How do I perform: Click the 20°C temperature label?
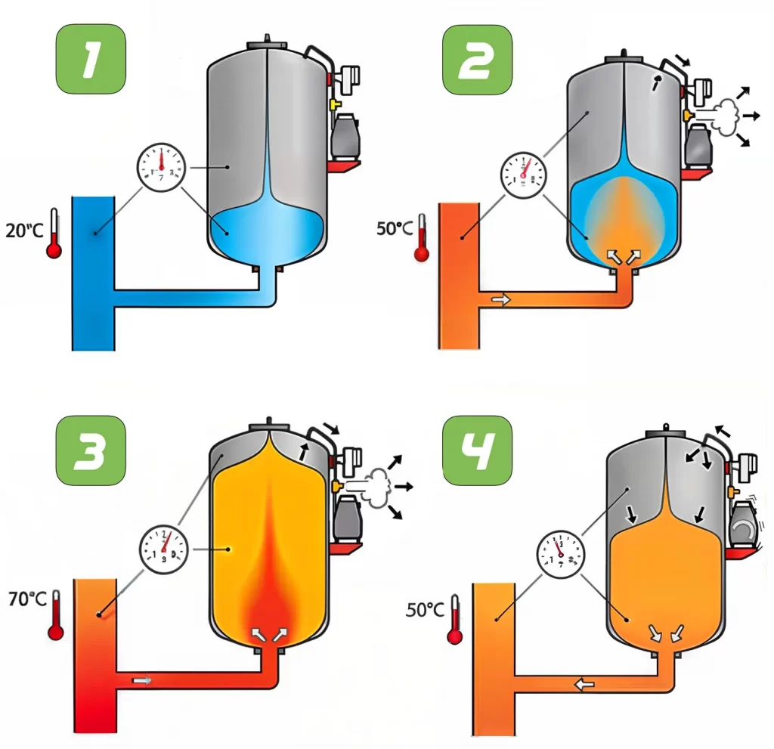click(25, 231)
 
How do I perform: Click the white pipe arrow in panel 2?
click(500, 300)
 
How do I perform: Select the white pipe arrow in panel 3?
click(141, 681)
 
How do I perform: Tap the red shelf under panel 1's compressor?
click(345, 166)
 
